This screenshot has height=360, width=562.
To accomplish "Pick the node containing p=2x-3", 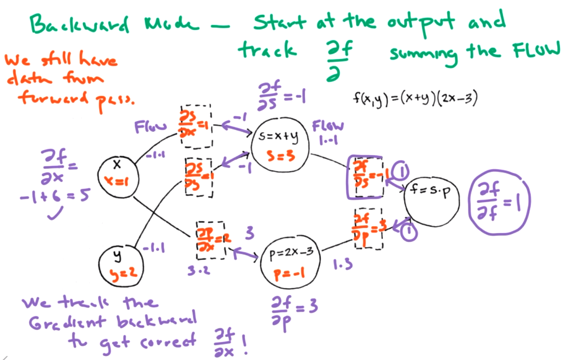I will point(291,263).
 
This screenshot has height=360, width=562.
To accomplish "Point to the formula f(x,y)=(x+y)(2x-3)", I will point(415,99).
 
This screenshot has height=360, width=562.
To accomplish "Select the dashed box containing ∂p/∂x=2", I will point(210,240).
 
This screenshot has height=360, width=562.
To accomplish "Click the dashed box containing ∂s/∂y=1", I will point(199,176).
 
